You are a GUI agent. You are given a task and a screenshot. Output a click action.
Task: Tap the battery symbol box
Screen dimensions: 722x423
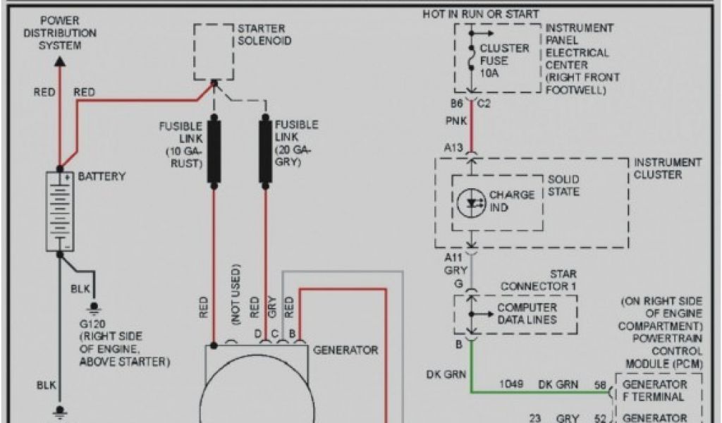60,211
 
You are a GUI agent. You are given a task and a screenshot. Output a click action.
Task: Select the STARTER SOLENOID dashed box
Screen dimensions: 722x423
214,52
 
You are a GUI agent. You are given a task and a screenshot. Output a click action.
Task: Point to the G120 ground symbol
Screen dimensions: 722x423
93,307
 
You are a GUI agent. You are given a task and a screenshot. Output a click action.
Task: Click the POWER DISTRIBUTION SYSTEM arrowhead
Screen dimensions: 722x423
60,62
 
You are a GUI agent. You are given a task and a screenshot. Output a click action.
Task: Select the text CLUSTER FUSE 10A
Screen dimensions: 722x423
504,61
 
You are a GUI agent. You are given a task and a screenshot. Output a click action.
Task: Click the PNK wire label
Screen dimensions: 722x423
455,121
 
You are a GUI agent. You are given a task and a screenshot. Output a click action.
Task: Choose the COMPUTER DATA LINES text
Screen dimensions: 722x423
527,314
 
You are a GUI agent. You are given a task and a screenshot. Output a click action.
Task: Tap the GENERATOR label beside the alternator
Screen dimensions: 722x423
345,350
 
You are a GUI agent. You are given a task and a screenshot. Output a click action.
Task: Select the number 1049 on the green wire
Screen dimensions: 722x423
511,385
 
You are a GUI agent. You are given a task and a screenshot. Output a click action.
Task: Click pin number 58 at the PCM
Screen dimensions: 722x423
601,385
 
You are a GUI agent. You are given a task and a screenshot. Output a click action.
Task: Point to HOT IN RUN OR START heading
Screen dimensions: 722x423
481,14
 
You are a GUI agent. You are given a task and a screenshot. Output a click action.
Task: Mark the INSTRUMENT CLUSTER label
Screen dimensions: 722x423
668,168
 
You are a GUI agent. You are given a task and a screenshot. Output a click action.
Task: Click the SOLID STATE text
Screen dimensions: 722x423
563,185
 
